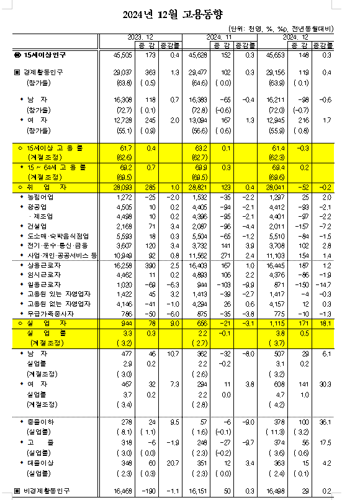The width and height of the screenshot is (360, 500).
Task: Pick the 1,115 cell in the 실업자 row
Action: click(277, 323)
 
